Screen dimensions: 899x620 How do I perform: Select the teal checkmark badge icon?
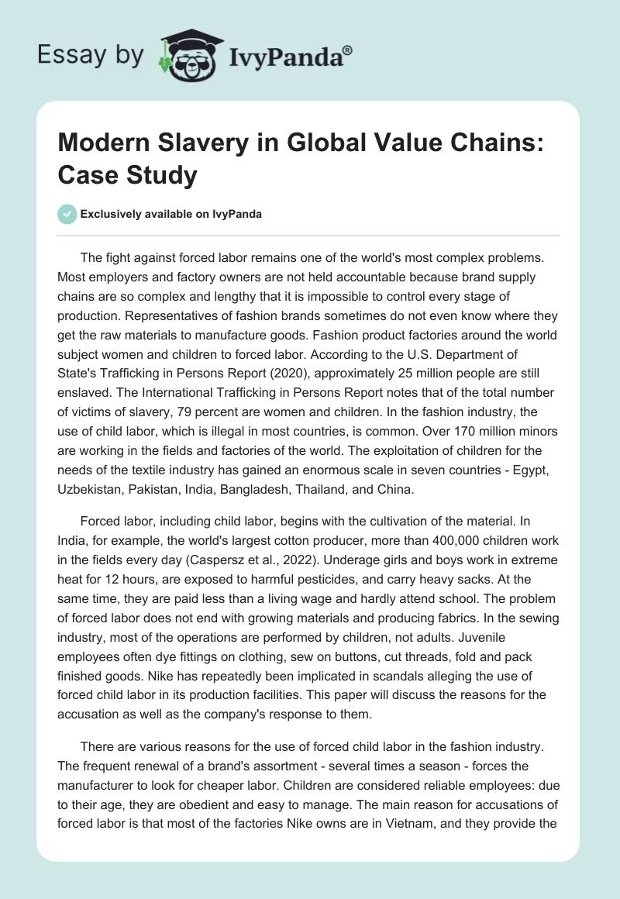(x=67, y=214)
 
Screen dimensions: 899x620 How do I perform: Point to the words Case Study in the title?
(x=128, y=175)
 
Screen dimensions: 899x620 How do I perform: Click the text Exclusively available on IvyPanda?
(x=170, y=215)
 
